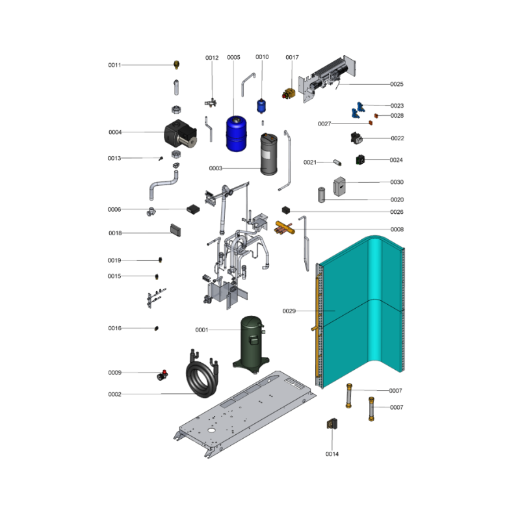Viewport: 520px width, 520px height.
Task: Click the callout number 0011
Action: click(x=114, y=65)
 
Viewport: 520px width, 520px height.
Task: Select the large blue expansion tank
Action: click(x=236, y=133)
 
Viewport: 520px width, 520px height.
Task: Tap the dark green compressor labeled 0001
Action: click(x=252, y=344)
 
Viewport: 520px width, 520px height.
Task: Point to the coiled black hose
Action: click(x=201, y=374)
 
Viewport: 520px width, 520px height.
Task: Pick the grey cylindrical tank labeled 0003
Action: click(x=268, y=154)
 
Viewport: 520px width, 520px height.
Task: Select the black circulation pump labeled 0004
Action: click(x=181, y=135)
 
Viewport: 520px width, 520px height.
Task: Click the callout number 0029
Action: click(x=289, y=311)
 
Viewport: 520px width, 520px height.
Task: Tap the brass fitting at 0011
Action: click(x=176, y=64)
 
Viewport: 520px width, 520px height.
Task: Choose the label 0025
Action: click(x=396, y=84)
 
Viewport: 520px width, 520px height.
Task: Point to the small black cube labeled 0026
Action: click(x=286, y=210)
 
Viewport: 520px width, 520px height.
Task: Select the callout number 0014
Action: click(x=332, y=454)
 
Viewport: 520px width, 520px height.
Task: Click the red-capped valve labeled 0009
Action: click(x=162, y=375)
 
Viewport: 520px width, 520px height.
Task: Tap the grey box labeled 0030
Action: click(x=339, y=187)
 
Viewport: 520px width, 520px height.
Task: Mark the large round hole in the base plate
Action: click(x=211, y=430)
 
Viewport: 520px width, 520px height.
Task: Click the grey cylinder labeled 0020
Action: click(x=321, y=195)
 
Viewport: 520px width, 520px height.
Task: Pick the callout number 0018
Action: click(x=115, y=233)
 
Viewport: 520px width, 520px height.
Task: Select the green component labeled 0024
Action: click(x=360, y=160)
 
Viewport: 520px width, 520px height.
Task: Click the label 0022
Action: click(x=397, y=138)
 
